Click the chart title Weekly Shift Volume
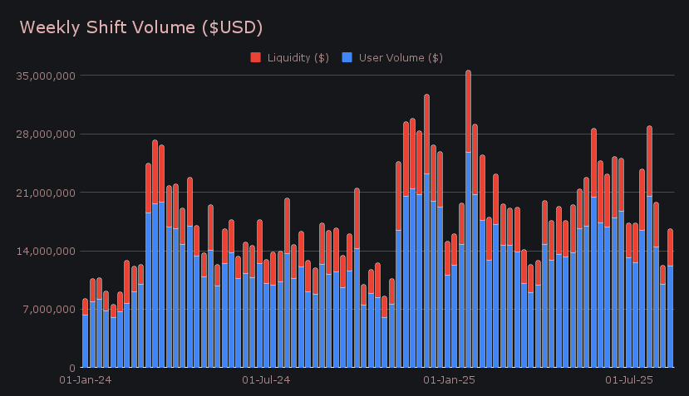pos(141,27)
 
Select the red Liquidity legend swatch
pos(255,57)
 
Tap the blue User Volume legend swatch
pos(347,57)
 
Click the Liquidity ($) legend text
pos(297,57)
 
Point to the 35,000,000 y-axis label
pos(46,76)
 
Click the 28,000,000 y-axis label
pos(46,134)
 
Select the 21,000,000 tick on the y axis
pos(46,193)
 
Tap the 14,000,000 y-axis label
pos(46,251)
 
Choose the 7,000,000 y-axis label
pos(48,310)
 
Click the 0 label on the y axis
pos(71,368)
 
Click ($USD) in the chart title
pos(234,27)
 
